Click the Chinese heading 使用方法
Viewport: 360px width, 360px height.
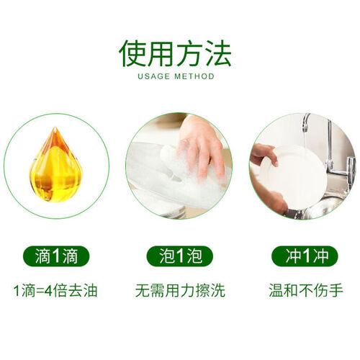(x=175, y=53)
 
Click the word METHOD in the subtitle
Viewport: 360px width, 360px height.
(x=194, y=76)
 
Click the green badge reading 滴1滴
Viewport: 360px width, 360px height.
(x=56, y=256)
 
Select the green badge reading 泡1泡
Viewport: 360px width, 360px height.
(x=180, y=256)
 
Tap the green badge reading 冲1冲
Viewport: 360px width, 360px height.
(x=305, y=256)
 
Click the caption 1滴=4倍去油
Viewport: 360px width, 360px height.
(x=55, y=291)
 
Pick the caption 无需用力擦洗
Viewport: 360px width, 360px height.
(x=180, y=291)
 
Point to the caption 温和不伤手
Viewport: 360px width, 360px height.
(x=306, y=291)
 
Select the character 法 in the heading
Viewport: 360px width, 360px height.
(x=219, y=53)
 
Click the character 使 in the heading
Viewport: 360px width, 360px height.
(x=132, y=53)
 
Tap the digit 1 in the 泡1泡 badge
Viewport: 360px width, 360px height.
(x=180, y=256)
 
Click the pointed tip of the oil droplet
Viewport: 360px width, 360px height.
(x=55, y=127)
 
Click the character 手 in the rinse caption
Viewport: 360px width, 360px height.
(x=336, y=291)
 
